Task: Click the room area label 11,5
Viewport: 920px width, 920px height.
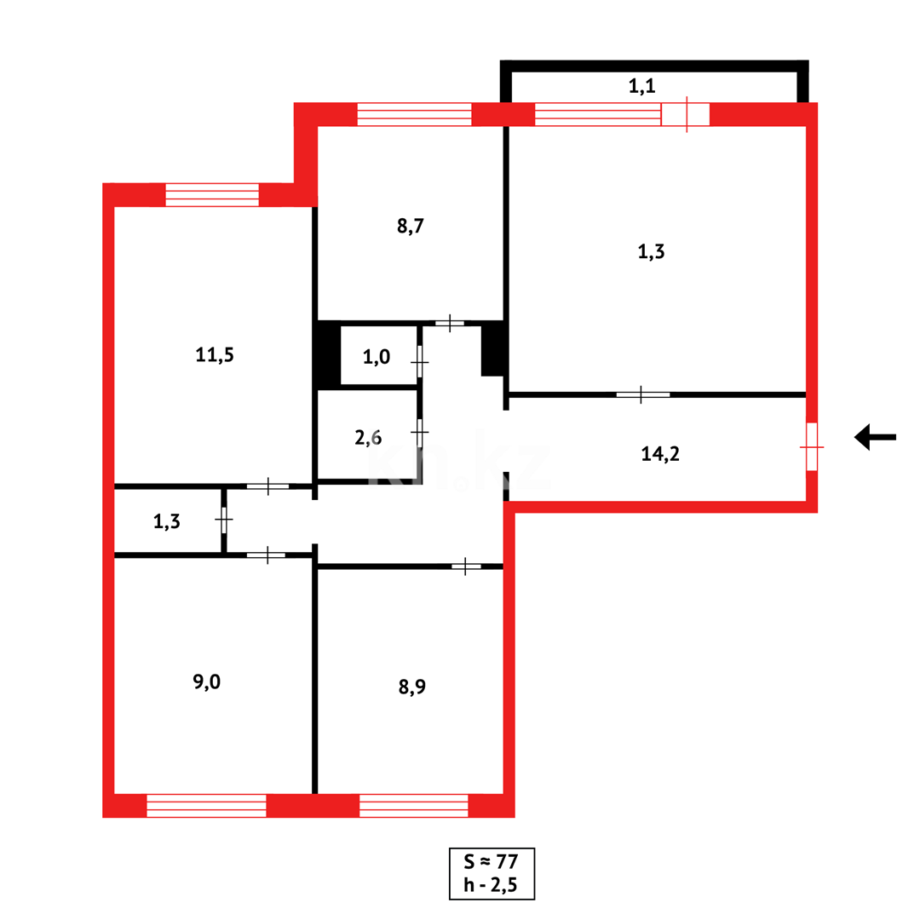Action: tap(214, 355)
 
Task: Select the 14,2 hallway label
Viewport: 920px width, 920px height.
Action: tap(659, 454)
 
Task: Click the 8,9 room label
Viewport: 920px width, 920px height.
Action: tap(411, 687)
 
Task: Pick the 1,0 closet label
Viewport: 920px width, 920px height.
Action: tap(377, 358)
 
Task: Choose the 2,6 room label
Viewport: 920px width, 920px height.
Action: tap(368, 439)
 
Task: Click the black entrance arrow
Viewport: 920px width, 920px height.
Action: tap(875, 437)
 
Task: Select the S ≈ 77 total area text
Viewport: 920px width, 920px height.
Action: tap(492, 861)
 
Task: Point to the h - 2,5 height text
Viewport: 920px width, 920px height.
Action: tap(492, 884)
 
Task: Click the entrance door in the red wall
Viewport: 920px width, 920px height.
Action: tap(812, 446)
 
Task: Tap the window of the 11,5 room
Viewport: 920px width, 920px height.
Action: tap(212, 194)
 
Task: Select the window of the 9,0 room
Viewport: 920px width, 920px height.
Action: tap(206, 805)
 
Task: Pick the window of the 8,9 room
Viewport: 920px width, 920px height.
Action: tap(414, 805)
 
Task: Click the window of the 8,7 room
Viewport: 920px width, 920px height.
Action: tap(414, 114)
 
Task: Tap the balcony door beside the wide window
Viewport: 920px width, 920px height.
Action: tap(686, 114)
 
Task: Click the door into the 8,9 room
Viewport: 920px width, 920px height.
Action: tap(466, 566)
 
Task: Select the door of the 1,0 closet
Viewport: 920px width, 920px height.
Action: tap(420, 362)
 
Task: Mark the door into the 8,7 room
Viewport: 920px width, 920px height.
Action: tap(450, 324)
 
